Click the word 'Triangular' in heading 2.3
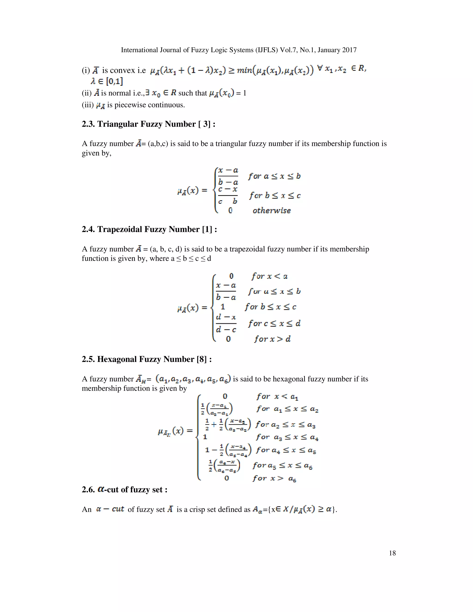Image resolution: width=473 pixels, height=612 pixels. pos(118,124)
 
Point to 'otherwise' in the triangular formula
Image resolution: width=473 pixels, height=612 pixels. pos(272,210)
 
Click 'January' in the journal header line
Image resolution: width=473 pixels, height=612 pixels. pos(329,50)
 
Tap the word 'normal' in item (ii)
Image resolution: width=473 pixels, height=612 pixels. pos(120,93)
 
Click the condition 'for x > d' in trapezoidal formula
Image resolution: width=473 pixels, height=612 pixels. pos(272,339)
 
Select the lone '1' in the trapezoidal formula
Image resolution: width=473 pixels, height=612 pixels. pos(223,307)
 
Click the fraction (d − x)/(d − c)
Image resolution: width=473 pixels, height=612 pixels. pos(226,323)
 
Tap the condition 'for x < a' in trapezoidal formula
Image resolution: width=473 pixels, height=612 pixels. pos(270,276)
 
